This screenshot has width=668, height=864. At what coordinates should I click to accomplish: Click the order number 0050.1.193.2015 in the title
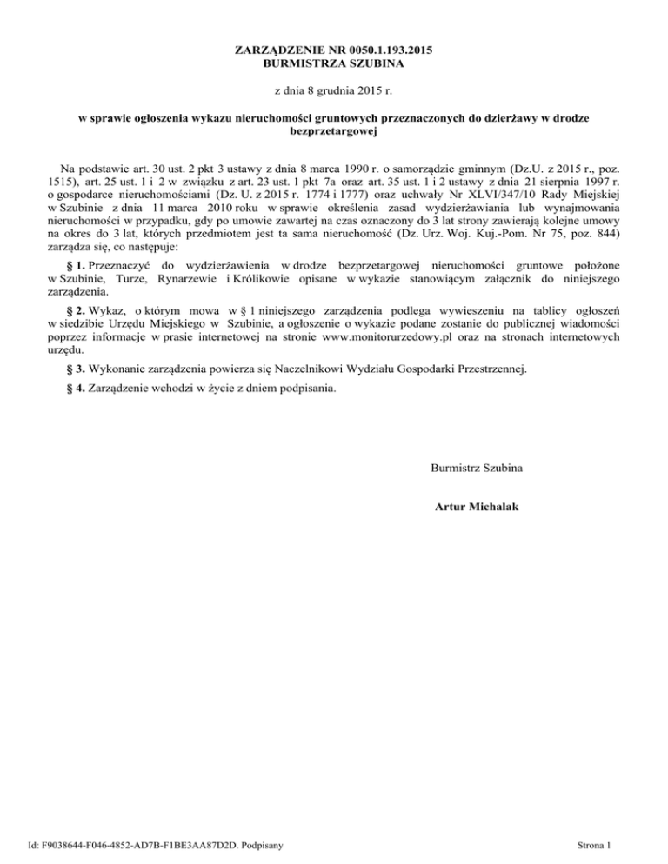[383, 51]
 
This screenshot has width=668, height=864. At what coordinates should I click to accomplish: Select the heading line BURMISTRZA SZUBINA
[334, 64]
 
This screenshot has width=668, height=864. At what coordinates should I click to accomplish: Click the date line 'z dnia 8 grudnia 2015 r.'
[334, 90]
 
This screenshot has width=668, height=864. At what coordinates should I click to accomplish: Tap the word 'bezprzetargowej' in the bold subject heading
[334, 130]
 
